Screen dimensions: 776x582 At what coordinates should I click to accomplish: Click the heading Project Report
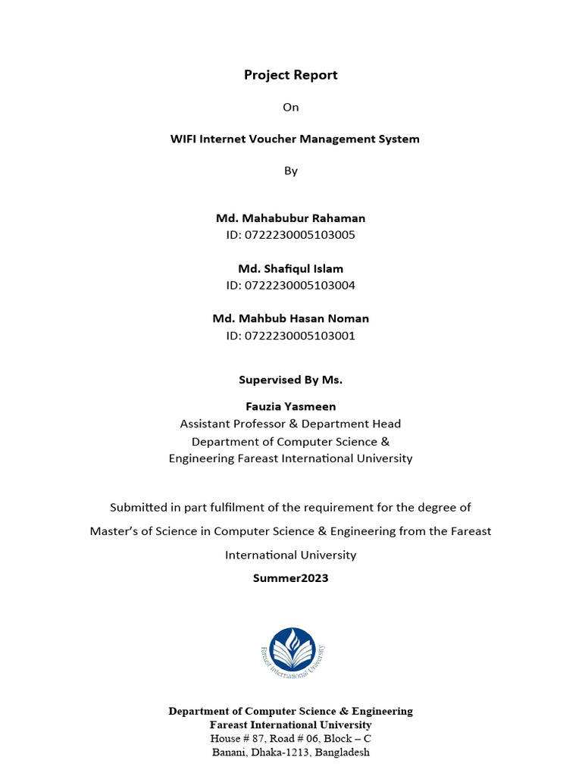291,75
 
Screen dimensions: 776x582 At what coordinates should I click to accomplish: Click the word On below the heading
291,107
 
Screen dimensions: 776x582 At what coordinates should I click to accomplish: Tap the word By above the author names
291,171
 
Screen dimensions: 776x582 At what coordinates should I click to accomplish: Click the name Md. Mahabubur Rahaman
291,218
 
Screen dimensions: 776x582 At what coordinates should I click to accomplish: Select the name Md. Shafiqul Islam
291,269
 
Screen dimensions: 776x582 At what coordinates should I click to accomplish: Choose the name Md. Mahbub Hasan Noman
291,319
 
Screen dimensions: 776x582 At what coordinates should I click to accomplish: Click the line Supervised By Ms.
291,380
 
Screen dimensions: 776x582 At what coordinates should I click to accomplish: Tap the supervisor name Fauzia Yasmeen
291,407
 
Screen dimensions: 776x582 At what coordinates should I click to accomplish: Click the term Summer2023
291,578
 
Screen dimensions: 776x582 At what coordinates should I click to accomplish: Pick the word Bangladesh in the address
343,753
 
